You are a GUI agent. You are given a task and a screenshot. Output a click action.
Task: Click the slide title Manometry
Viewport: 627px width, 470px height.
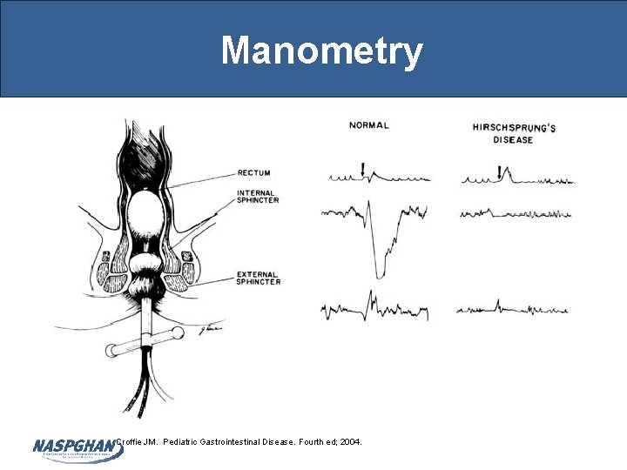point(321,50)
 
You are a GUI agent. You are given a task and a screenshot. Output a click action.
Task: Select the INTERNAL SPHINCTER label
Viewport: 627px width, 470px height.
point(257,197)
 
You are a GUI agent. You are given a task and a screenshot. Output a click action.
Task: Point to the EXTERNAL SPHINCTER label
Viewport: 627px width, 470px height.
point(259,277)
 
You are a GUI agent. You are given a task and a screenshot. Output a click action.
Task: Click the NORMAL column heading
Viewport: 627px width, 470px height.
point(368,125)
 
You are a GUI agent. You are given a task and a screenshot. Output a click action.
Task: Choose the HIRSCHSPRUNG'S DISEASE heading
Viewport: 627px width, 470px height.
point(514,133)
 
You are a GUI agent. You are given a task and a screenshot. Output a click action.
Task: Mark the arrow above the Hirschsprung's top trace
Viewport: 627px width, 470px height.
point(498,171)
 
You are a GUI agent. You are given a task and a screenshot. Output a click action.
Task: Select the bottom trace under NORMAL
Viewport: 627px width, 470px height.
point(374,309)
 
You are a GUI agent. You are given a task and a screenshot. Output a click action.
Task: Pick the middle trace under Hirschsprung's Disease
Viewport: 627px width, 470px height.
point(514,213)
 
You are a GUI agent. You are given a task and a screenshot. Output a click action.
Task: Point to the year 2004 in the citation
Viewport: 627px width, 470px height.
point(350,442)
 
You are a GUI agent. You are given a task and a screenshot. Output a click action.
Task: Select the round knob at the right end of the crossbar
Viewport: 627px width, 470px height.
point(178,332)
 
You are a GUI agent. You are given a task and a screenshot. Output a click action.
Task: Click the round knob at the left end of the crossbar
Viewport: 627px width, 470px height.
point(111,351)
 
